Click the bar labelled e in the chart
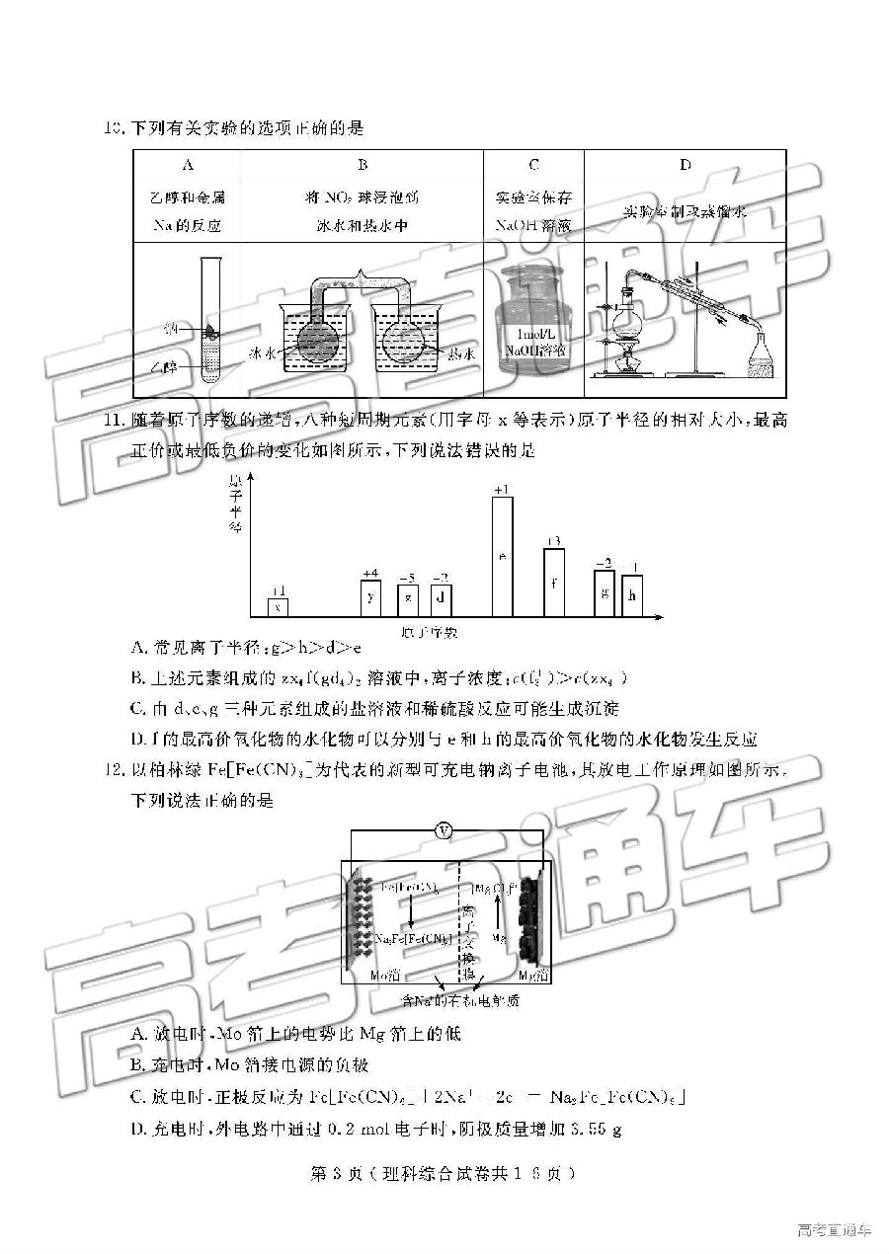tap(502, 556)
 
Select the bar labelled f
tap(554, 582)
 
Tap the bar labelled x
tap(279, 606)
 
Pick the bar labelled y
tap(370, 597)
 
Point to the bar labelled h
tap(632, 595)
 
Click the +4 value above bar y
tap(370, 574)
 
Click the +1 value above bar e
tap(502, 490)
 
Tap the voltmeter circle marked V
tap(444, 831)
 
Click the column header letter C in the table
tap(533, 166)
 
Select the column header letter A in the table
tap(189, 166)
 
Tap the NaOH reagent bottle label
tap(534, 344)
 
